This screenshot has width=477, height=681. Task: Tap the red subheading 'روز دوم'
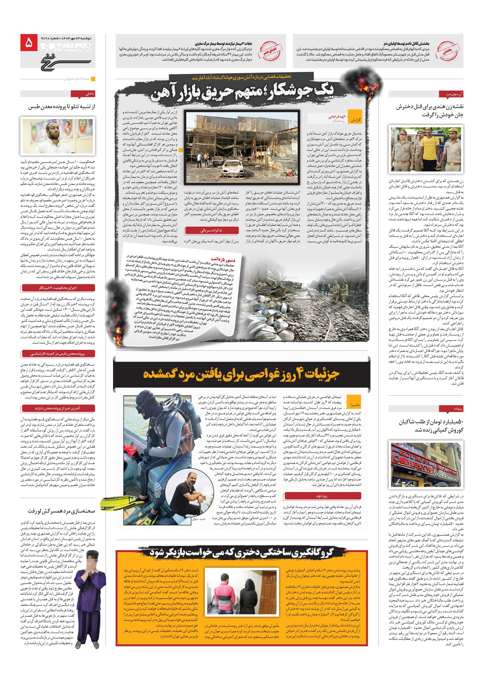point(322,496)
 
